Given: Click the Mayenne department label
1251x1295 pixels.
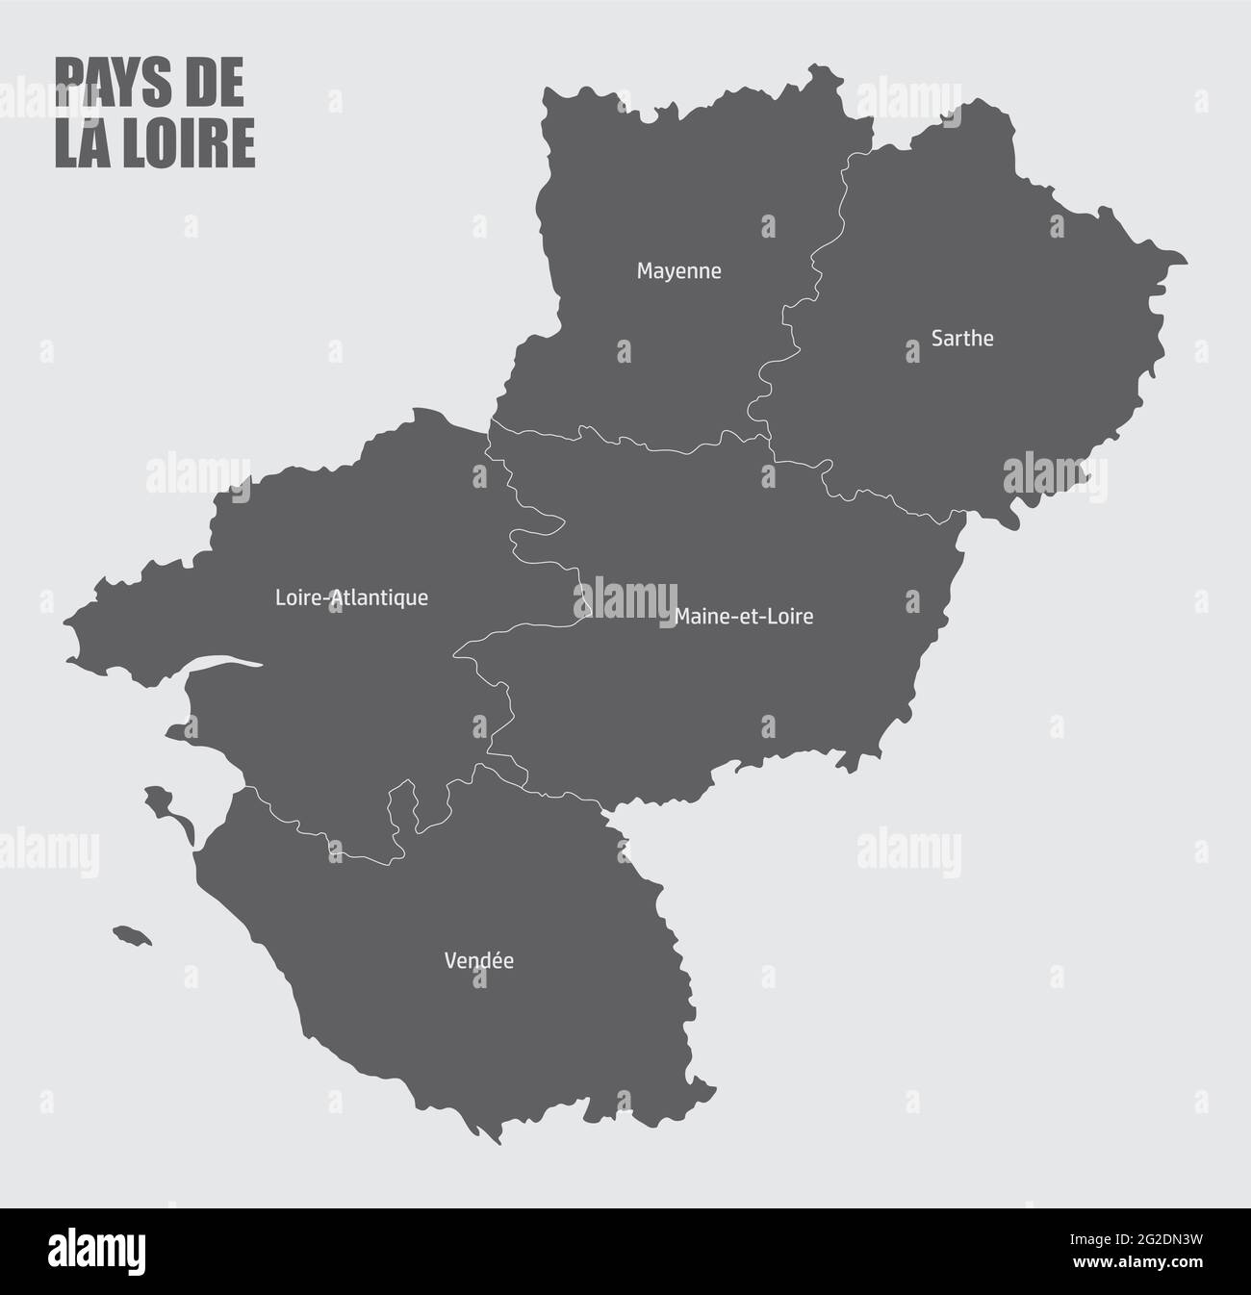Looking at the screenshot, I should pyautogui.click(x=678, y=271).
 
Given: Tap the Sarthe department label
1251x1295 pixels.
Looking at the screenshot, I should pyautogui.click(x=962, y=339).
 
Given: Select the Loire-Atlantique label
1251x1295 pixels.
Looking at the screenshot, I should pyautogui.click(x=351, y=597).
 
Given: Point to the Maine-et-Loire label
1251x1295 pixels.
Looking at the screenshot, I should pyautogui.click(x=744, y=616).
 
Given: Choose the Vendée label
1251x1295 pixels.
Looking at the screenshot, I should pyautogui.click(x=478, y=960).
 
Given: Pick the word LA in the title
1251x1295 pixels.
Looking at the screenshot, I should pyautogui.click(x=80, y=143).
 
